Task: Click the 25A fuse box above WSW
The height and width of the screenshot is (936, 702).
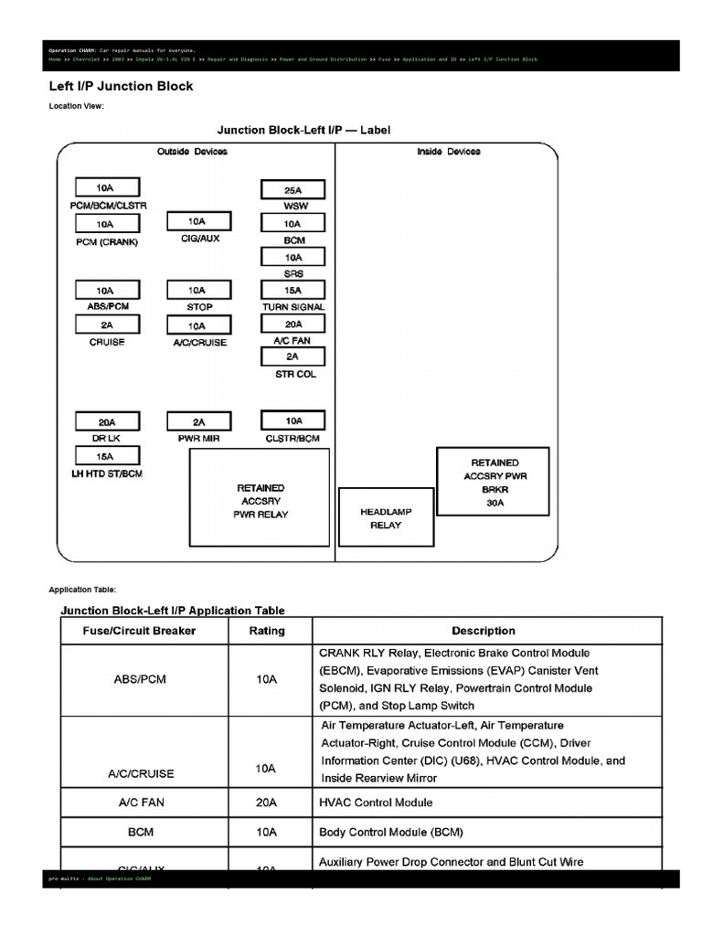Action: pyautogui.click(x=292, y=190)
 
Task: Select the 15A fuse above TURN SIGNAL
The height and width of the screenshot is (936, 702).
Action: pyautogui.click(x=292, y=291)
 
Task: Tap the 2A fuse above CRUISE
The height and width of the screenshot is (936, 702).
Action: pyautogui.click(x=107, y=324)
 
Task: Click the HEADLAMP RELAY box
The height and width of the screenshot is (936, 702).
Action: pyautogui.click(x=386, y=517)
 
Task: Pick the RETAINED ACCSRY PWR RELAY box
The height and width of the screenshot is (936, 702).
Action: pyautogui.click(x=260, y=499)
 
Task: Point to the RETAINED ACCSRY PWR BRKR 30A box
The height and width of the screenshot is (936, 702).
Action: pyautogui.click(x=494, y=482)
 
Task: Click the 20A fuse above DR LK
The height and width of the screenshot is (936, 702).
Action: pyautogui.click(x=107, y=421)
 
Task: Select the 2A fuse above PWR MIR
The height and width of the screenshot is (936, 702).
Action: pyautogui.click(x=198, y=421)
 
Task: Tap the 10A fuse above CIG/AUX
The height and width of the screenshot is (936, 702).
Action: pyautogui.click(x=197, y=221)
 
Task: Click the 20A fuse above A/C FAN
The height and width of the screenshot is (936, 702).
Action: pyautogui.click(x=292, y=324)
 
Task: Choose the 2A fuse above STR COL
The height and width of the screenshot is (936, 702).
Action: pyautogui.click(x=292, y=356)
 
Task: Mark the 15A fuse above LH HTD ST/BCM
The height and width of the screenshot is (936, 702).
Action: pyautogui.click(x=107, y=456)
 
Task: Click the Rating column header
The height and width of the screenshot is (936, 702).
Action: pyautogui.click(x=267, y=631)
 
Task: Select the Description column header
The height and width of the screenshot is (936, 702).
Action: pyautogui.click(x=483, y=631)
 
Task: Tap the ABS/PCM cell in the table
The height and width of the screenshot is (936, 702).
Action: pyautogui.click(x=142, y=679)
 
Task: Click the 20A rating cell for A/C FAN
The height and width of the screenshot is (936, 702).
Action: pyautogui.click(x=266, y=803)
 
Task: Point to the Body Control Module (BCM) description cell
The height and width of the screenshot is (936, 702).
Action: pyautogui.click(x=391, y=833)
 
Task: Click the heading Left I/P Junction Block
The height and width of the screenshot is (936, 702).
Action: pyautogui.click(x=121, y=86)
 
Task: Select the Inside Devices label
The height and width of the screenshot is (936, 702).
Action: pyautogui.click(x=448, y=152)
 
